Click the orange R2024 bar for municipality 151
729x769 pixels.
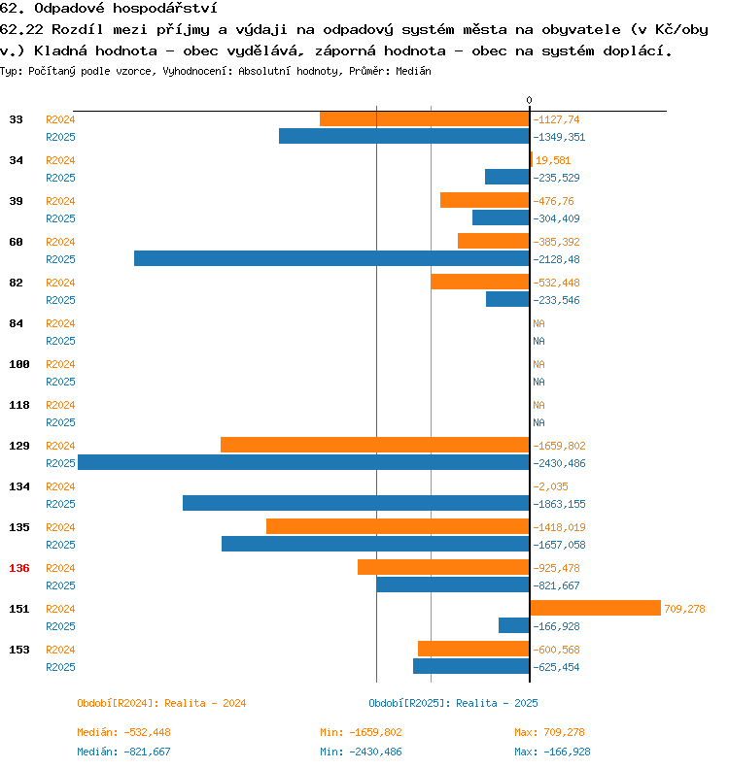click(596, 608)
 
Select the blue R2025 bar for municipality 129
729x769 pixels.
click(304, 462)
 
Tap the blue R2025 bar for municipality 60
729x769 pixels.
click(332, 258)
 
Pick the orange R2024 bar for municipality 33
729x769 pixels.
click(426, 118)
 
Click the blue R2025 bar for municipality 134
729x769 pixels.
click(357, 503)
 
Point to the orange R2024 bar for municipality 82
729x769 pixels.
click(481, 282)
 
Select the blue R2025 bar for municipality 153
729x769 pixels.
click(472, 666)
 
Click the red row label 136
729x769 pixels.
click(19, 568)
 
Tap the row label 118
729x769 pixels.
click(19, 405)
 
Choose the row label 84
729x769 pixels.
click(17, 323)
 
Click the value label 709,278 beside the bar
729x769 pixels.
click(684, 609)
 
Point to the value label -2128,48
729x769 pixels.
click(557, 259)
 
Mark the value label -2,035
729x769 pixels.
click(550, 486)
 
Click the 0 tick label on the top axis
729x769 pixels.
click(530, 100)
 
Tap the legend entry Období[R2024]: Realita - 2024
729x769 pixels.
click(161, 703)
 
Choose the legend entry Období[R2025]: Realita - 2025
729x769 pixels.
click(453, 703)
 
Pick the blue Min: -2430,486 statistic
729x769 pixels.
click(361, 752)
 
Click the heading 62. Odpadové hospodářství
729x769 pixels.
click(108, 9)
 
